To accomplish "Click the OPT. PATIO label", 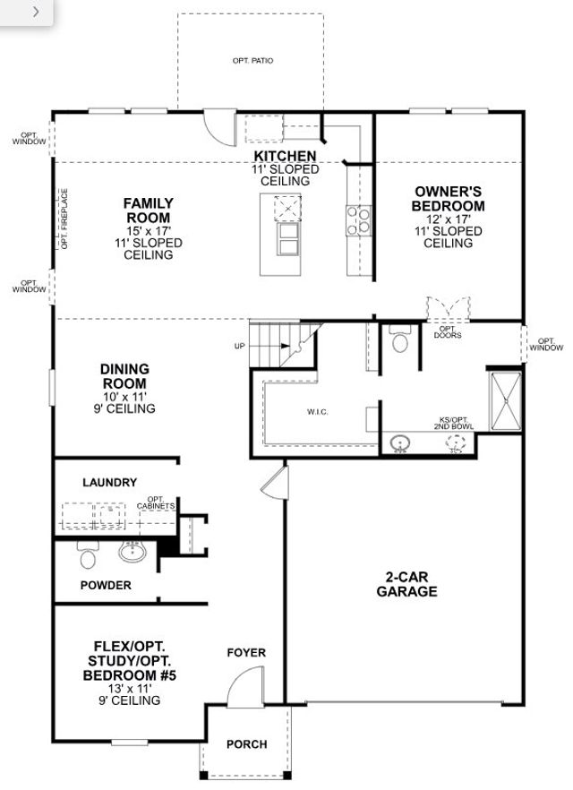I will [252, 61].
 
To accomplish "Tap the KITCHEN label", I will [285, 157].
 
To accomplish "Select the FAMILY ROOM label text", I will [149, 210].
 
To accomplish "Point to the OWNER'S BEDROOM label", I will [449, 198].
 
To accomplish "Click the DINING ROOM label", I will [124, 375].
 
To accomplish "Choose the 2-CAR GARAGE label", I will [406, 585].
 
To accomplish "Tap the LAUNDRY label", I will [109, 483].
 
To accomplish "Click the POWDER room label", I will [106, 585].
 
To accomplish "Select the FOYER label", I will [246, 653].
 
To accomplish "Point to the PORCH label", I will [246, 744].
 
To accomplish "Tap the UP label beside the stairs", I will [239, 346].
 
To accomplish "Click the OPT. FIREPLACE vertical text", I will [64, 219].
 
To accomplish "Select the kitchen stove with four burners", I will [358, 219].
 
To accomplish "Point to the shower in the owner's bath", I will [504, 399].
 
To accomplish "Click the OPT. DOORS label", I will [447, 332].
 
